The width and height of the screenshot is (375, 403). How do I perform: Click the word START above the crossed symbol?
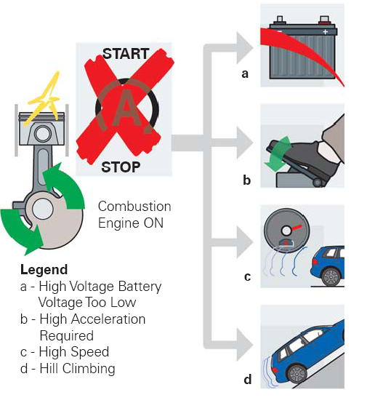pos(126,54)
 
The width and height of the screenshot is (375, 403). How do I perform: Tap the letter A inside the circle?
pos(125,110)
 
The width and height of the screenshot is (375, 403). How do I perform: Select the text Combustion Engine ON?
pos(134,215)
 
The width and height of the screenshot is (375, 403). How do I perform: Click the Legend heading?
pos(44,270)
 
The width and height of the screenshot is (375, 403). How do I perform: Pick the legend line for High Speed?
pos(65,352)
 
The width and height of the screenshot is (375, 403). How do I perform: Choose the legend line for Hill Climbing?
pos(68,369)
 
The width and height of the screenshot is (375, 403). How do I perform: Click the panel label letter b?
pos(247,180)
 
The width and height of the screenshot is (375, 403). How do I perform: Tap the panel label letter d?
pos(247,379)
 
